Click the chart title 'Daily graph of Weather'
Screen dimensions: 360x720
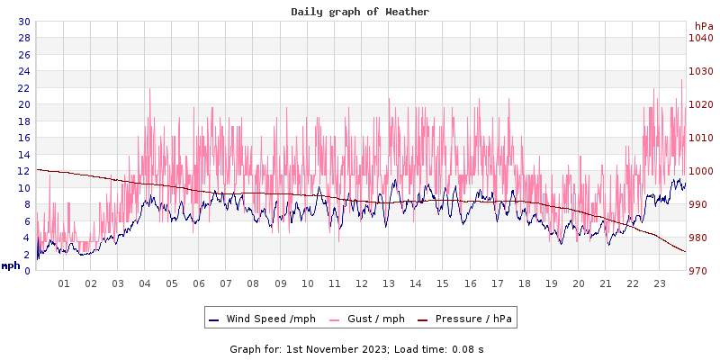pos(360,12)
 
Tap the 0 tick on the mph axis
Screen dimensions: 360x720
pos(27,271)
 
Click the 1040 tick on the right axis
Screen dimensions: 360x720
pos(700,38)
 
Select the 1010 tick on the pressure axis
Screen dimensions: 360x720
pos(700,138)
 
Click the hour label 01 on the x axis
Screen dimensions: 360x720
pos(64,283)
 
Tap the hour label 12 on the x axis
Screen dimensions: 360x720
pos(362,283)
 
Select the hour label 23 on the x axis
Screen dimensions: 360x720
pos(660,283)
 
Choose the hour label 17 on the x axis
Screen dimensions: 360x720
pos(497,283)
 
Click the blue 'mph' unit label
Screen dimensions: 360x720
pos(10,265)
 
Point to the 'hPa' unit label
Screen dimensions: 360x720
pos(704,26)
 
